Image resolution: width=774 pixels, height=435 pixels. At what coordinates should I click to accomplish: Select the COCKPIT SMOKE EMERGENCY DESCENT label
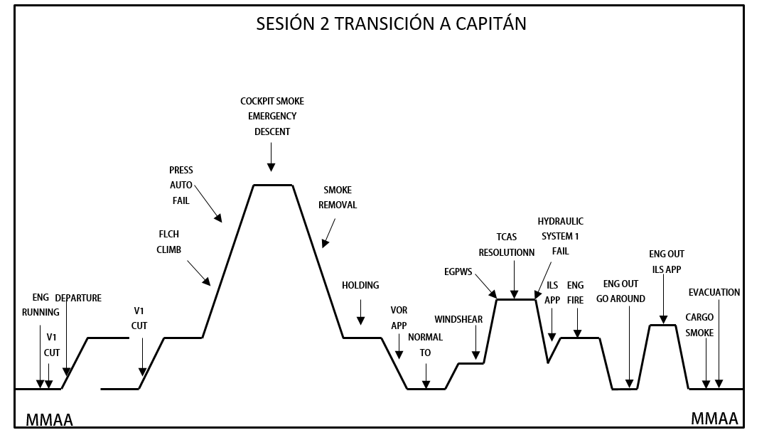(272, 117)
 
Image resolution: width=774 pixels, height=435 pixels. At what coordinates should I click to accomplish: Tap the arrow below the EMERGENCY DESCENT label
(271, 156)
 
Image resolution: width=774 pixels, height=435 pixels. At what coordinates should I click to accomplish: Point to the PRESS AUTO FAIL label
(181, 186)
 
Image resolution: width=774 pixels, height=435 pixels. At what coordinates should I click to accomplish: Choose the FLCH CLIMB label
(169, 242)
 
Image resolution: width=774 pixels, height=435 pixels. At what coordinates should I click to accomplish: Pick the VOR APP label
(399, 318)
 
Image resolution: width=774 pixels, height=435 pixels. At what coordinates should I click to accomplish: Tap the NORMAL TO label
(425, 345)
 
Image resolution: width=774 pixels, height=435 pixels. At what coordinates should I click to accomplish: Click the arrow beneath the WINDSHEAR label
(475, 346)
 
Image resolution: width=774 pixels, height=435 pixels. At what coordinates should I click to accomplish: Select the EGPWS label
(458, 271)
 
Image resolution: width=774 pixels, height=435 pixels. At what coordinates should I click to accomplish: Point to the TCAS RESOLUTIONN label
(507, 245)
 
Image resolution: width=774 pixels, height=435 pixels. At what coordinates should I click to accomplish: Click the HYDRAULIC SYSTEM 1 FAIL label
(560, 236)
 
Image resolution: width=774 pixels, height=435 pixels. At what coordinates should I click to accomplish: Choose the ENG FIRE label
(575, 293)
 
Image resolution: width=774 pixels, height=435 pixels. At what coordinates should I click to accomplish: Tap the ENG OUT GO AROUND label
(620, 291)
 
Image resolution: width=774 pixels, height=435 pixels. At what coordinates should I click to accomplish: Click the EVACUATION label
(714, 292)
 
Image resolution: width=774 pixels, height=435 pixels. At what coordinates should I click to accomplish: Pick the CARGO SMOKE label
(699, 325)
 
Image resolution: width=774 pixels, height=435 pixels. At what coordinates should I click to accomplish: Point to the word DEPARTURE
(78, 298)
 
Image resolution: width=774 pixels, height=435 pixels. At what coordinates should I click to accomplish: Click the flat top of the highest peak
(273, 185)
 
